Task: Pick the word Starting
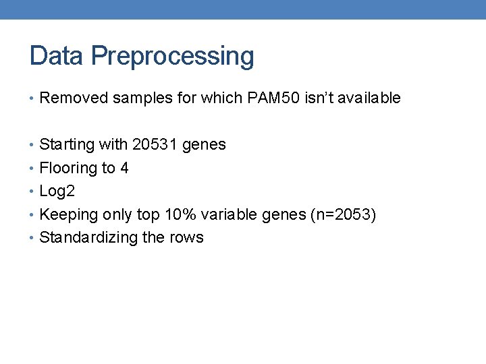point(66,145)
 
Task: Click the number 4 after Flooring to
point(124,168)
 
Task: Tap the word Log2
point(57,191)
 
